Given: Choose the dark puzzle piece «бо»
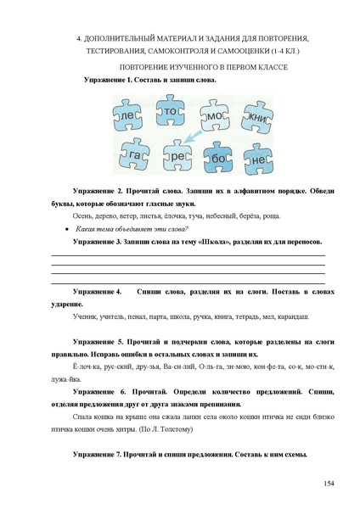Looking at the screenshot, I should tap(219, 159).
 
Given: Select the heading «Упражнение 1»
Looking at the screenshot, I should tap(109, 79).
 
